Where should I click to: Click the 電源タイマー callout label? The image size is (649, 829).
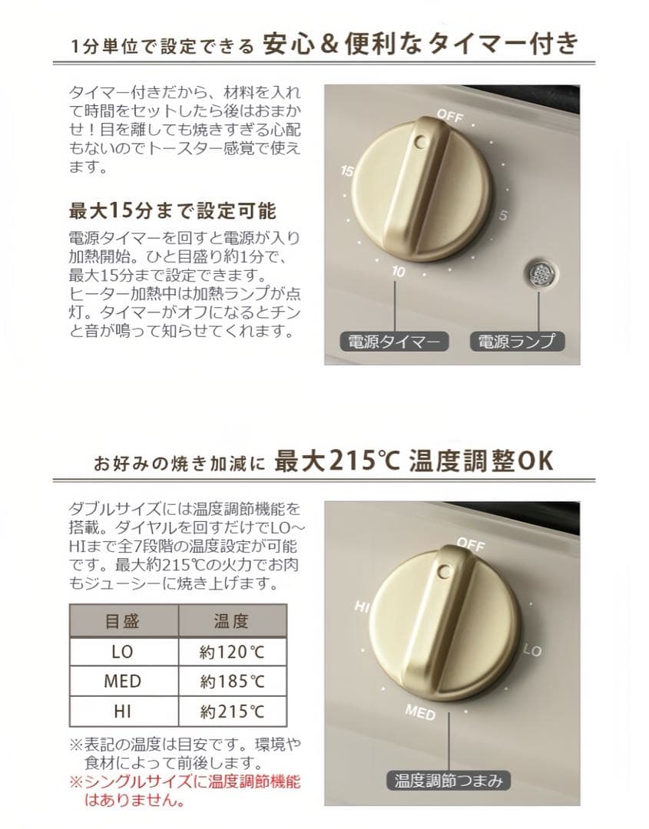[394, 342]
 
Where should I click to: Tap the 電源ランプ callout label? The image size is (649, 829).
[518, 342]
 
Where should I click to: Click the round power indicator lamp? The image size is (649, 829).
[539, 274]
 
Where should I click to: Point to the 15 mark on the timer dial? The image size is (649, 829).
[347, 170]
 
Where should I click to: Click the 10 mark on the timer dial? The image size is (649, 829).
[399, 271]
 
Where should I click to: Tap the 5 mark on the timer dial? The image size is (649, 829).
[502, 215]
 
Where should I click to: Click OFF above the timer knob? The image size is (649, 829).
[450, 115]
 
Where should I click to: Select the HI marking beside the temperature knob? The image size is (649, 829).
[362, 606]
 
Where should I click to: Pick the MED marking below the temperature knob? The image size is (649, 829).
[420, 712]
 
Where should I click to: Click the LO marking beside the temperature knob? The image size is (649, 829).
[532, 650]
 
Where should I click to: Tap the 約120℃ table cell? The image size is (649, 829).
[232, 652]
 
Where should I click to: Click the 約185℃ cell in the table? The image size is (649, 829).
[232, 682]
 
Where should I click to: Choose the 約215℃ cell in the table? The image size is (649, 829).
[232, 712]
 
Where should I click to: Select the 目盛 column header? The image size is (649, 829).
[123, 621]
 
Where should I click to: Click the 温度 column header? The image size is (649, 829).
[232, 621]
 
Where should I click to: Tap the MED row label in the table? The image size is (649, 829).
[123, 682]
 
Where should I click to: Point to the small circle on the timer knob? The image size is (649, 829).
[422, 142]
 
